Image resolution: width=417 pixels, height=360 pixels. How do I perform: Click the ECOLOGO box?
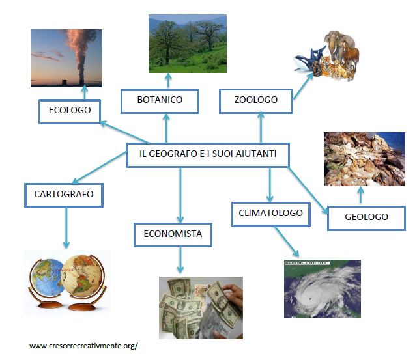tap(69, 111)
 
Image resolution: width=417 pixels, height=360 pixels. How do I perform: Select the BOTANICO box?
tap(160, 100)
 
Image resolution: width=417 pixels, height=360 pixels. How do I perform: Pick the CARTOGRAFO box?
tap(64, 194)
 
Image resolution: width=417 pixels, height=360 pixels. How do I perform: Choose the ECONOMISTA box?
tap(173, 234)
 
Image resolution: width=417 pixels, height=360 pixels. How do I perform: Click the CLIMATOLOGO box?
tap(270, 214)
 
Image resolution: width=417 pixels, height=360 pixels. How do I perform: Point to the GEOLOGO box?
tap(366, 217)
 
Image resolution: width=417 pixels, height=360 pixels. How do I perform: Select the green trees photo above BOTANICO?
tap(187, 43)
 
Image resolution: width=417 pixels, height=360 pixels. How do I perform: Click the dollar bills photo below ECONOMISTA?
tap(200, 307)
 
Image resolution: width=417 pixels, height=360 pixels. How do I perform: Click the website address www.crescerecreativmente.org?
tap(83, 346)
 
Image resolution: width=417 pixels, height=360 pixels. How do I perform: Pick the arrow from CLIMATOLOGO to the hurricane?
tap(287, 243)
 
